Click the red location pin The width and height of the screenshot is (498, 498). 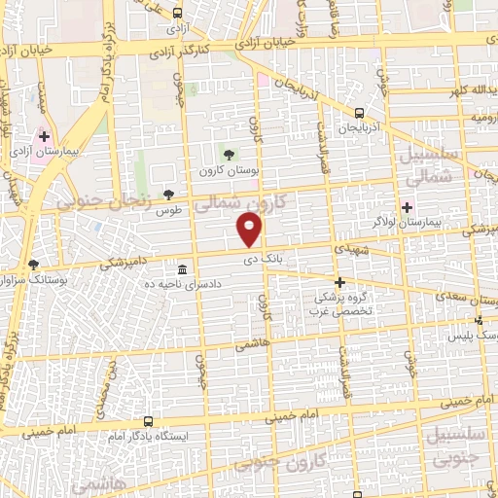[x=251, y=230]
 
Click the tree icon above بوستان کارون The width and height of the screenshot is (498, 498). [x=230, y=154]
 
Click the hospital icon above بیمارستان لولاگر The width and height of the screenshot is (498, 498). [x=407, y=206]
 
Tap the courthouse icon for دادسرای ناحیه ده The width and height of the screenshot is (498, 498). [x=183, y=269]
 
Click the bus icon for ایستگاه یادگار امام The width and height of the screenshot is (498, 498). [x=148, y=421]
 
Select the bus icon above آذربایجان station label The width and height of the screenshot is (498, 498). [x=360, y=112]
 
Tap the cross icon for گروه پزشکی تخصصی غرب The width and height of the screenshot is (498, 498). [x=338, y=282]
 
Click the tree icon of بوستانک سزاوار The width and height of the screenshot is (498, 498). [x=35, y=264]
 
